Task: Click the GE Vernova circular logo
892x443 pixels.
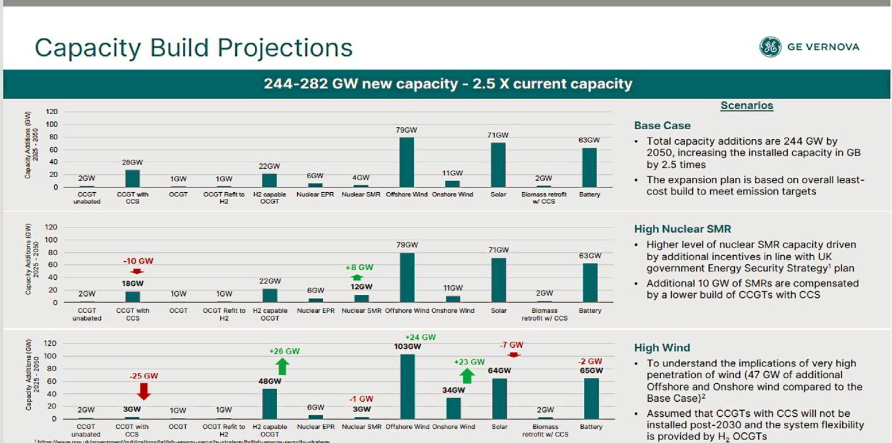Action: (x=770, y=47)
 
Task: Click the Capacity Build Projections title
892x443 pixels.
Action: (x=193, y=48)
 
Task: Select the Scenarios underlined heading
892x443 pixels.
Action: (x=746, y=105)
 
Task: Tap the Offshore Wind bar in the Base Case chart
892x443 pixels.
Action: (x=406, y=162)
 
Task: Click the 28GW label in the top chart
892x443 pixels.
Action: (x=132, y=162)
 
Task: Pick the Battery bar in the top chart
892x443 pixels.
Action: (x=589, y=167)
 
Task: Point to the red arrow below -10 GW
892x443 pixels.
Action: (x=137, y=271)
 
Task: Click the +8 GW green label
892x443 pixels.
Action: (x=359, y=267)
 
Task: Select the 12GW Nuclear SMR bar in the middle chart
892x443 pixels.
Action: (x=361, y=298)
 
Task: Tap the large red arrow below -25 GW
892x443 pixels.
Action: (x=144, y=392)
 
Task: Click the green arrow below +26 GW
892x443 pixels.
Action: (x=283, y=366)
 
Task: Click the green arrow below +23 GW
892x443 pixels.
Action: (x=467, y=376)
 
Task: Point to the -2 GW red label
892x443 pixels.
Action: (x=590, y=361)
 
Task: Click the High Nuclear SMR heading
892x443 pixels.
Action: (x=682, y=229)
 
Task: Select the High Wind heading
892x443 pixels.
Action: (x=662, y=348)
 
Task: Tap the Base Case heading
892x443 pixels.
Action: (x=662, y=125)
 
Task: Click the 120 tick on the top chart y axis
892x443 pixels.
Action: (x=51, y=112)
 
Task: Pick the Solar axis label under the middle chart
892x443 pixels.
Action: (x=498, y=310)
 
